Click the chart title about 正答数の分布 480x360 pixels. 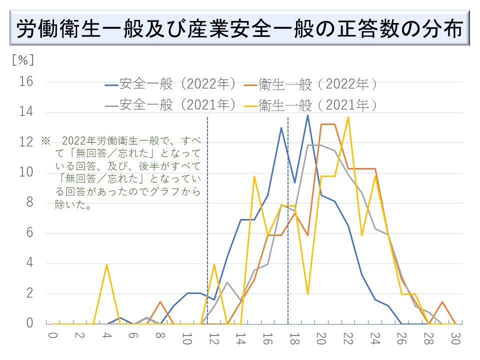coord(239,29)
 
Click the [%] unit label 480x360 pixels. coord(23,59)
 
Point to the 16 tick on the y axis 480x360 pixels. coord(26,81)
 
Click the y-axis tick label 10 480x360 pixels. coord(26,172)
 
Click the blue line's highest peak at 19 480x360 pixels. coord(307,115)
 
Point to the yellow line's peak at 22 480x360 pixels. coord(348,117)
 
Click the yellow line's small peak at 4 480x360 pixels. coord(106,264)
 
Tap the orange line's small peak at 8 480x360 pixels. coord(160,301)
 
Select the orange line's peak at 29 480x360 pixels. coord(442,301)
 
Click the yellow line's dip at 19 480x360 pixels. coord(307,294)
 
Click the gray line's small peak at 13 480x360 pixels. coord(227,282)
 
